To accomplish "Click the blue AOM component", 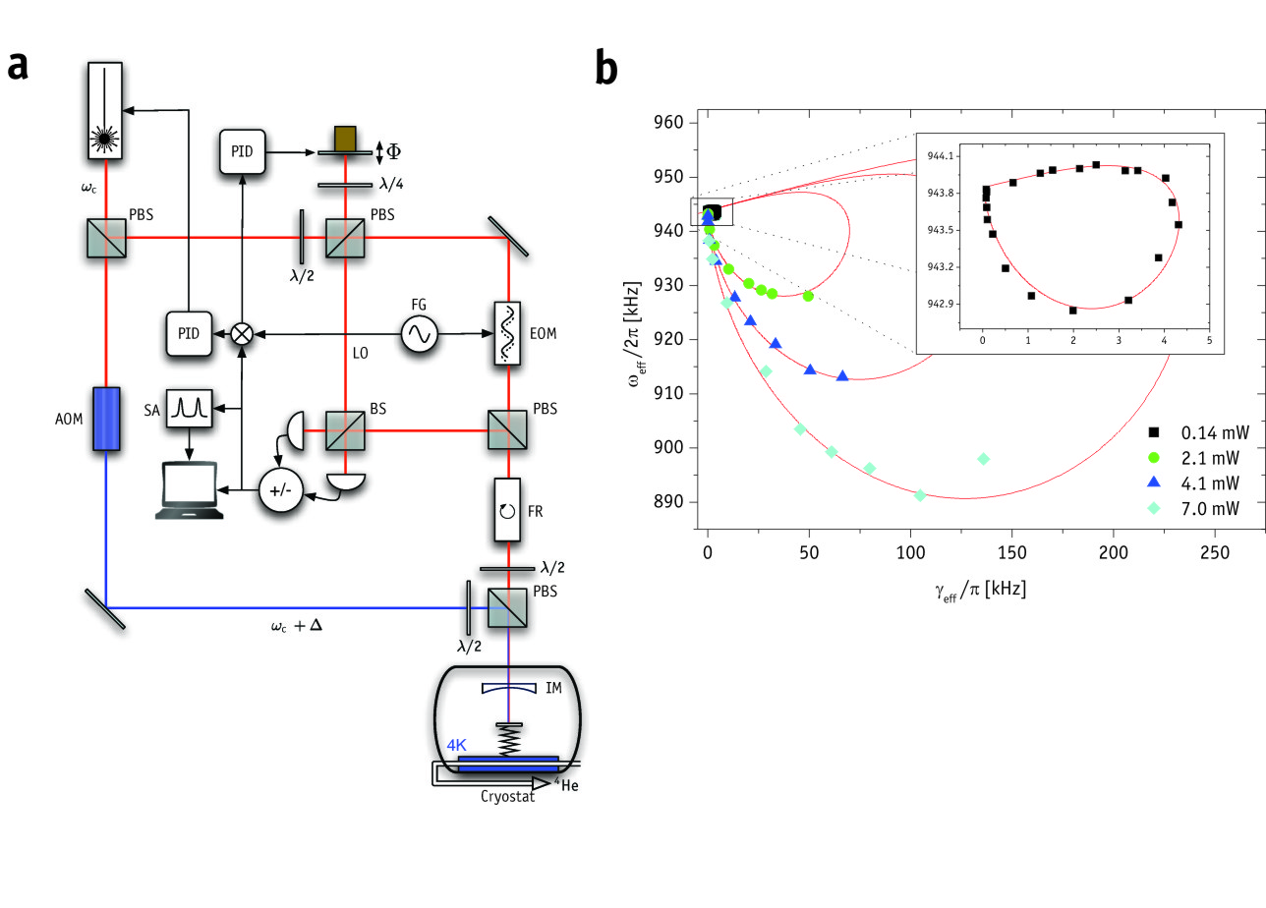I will [x=105, y=418].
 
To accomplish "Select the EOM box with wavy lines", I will [x=508, y=334].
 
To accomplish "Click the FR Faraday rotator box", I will [x=508, y=510].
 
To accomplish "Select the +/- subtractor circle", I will [x=279, y=488].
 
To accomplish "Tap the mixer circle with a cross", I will [x=241, y=334].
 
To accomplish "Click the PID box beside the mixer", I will [x=188, y=334].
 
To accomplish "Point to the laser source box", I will [x=105, y=108].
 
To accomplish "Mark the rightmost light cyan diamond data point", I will [x=983, y=459].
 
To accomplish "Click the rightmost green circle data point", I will [x=808, y=296].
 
